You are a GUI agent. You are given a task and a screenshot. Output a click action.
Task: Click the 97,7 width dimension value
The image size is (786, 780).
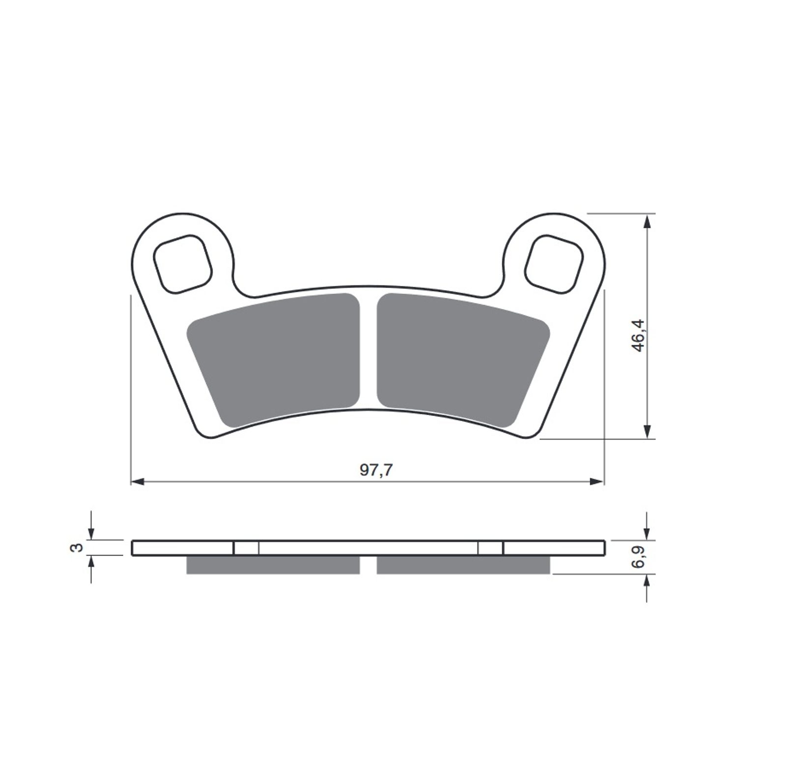coord(376,470)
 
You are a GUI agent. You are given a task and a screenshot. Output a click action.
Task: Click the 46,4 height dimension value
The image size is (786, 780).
coord(639,335)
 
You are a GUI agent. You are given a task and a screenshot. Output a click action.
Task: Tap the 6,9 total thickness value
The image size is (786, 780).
coord(639,557)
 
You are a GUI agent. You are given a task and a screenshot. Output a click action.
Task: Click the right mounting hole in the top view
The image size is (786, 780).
coord(554,264)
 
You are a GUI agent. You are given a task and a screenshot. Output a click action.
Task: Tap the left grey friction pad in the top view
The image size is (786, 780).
coord(273,360)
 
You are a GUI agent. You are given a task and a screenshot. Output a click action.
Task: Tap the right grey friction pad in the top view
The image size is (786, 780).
coord(463,360)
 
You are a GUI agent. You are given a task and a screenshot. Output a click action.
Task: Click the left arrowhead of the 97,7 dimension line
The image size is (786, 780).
coord(138,481)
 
